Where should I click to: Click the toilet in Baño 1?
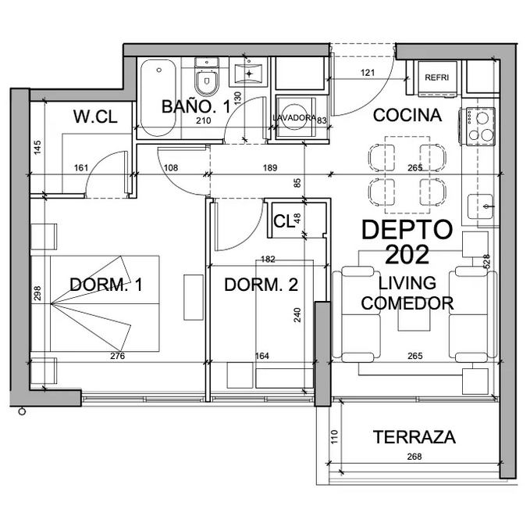(x=207, y=77)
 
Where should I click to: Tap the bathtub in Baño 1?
(x=158, y=98)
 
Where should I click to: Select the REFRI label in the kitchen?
(x=436, y=77)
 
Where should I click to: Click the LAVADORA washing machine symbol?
(x=295, y=116)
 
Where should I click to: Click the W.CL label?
(x=95, y=116)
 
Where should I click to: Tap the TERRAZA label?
(x=414, y=437)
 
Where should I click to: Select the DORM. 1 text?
(x=106, y=285)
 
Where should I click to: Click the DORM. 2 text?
(x=261, y=285)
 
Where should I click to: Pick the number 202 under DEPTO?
(x=407, y=254)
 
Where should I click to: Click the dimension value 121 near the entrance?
(x=368, y=73)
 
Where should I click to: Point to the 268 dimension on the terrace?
(x=414, y=457)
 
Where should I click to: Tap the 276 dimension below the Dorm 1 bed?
(x=118, y=356)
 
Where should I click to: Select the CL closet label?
(x=283, y=221)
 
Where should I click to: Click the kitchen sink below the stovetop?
(x=480, y=206)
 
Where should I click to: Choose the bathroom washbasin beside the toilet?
(x=249, y=73)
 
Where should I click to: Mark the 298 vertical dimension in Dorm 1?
(x=37, y=293)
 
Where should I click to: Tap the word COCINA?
(x=407, y=115)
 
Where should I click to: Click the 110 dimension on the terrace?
(x=335, y=437)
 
